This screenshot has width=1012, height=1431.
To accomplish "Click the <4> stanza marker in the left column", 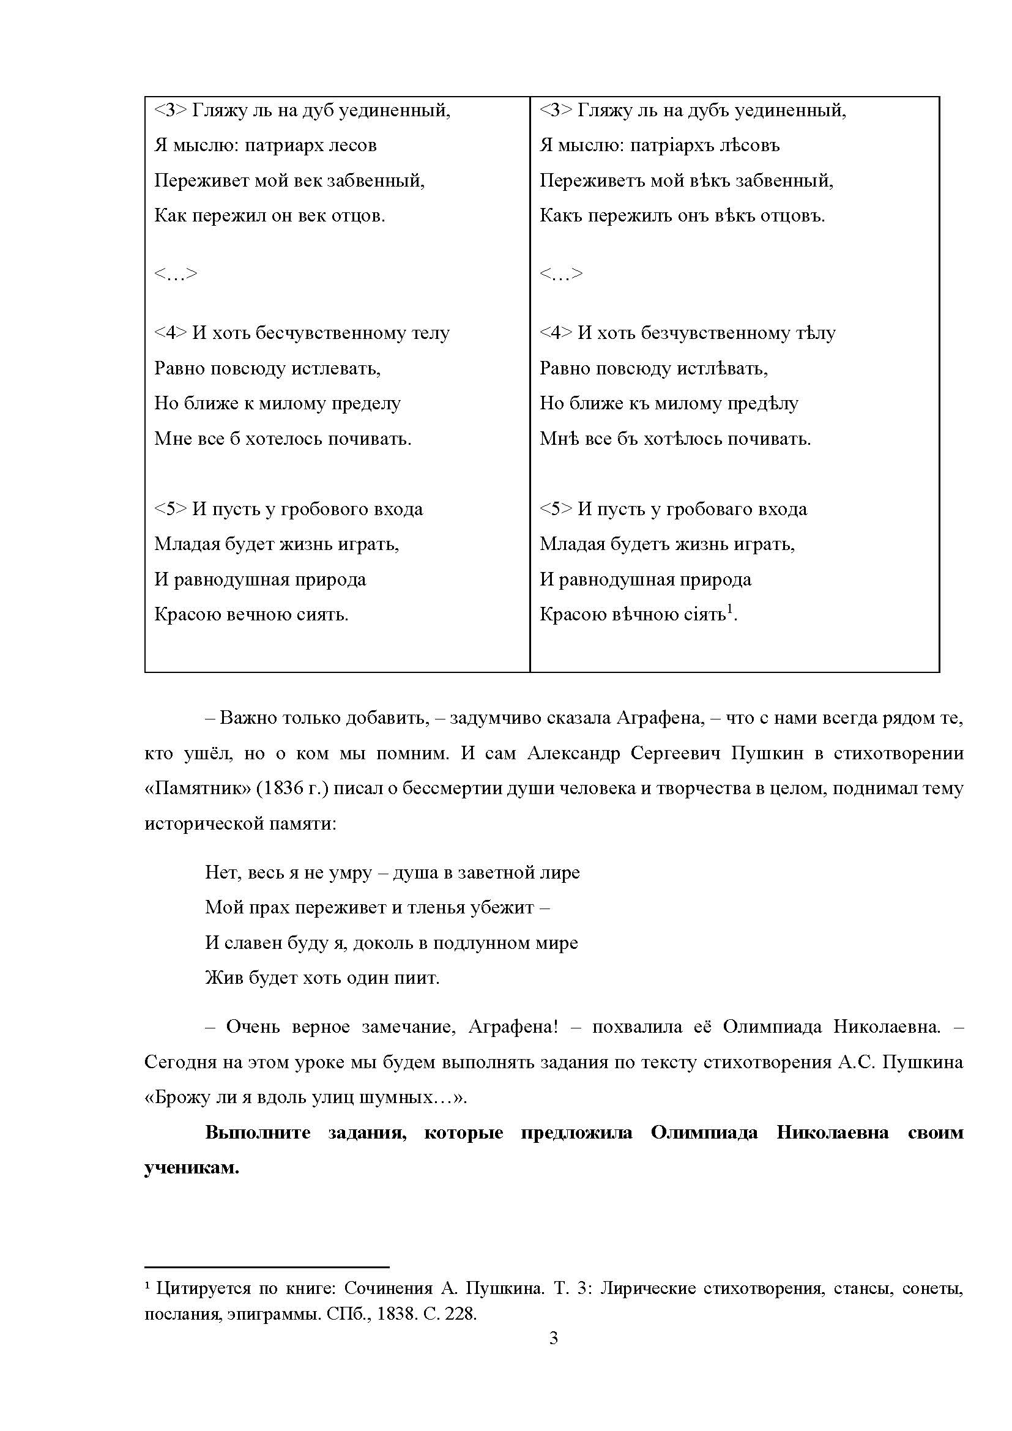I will pos(170,333).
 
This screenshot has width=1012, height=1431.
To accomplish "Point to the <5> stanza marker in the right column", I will pos(555,509).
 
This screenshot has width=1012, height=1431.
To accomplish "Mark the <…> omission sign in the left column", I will pos(175,273).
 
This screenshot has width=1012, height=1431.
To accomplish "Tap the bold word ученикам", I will pos(192,1167).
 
